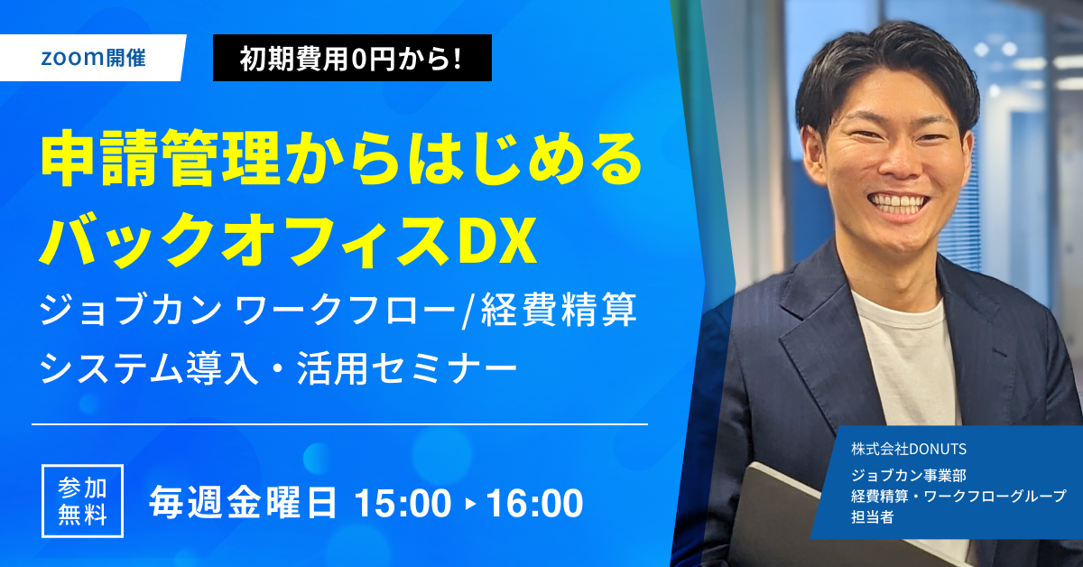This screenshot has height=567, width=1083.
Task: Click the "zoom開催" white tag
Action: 93,59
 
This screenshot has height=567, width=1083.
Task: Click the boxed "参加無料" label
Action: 82,502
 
